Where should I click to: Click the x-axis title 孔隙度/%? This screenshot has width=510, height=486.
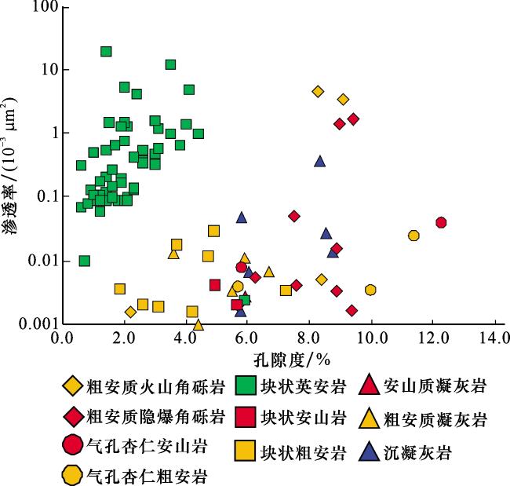292,360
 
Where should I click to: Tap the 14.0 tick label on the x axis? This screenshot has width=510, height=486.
495,338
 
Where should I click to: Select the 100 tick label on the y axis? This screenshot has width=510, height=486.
45,6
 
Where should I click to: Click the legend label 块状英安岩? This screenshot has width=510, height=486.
303,387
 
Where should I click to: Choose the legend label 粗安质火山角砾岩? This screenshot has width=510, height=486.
155,387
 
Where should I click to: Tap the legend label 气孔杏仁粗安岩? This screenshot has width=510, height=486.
147,476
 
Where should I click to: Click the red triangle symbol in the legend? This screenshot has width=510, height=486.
370,385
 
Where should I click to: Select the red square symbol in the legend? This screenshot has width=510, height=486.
246,417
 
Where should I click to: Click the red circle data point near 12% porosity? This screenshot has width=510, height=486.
441,223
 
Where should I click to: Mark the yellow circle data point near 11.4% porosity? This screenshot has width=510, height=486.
413,236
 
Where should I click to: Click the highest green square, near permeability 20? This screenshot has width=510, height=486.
106,52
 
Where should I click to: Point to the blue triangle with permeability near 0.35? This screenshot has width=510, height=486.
320,161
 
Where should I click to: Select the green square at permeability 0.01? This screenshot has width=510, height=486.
85,261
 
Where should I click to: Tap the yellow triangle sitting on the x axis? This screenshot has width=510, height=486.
199,325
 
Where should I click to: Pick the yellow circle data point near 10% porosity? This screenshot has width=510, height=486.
370,290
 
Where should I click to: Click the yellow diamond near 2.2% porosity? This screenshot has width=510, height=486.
130,312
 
